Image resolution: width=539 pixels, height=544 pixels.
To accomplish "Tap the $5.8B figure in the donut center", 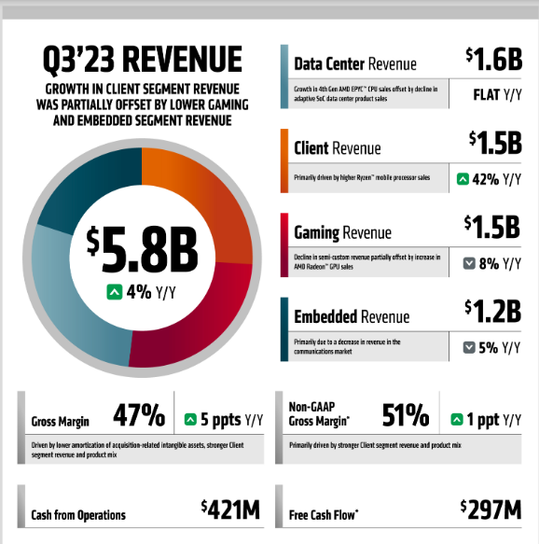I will pos(142,248).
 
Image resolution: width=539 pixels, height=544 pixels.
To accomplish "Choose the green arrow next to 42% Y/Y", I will pos(463,179).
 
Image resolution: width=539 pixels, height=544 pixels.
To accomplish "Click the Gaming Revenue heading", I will pos(342,232).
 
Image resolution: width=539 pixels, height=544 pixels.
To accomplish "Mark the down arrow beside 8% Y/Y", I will pos(471,264).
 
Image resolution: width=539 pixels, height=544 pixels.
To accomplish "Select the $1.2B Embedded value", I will pos(494,311).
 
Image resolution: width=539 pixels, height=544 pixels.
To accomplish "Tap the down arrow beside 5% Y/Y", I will pos(471,348).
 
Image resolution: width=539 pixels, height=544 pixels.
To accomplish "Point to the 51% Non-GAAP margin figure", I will pos(404,415).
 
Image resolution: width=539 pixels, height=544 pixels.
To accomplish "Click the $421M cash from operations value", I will pos(229,509).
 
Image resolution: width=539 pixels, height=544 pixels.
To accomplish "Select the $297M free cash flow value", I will pos(491,509).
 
